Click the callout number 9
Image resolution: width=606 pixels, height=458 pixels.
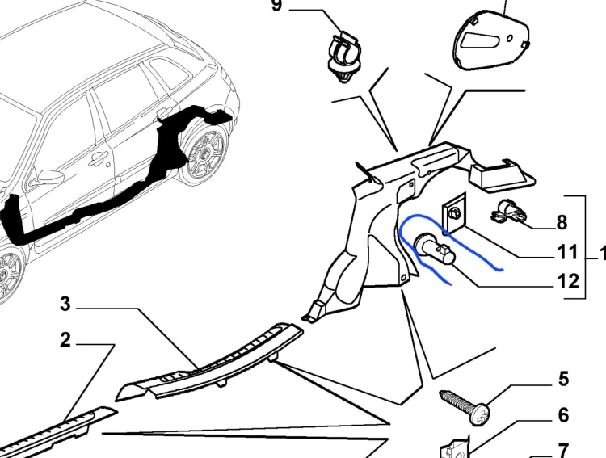click(x=276, y=6)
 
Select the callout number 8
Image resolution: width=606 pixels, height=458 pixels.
click(x=562, y=223)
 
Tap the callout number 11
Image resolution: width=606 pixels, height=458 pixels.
click(x=567, y=252)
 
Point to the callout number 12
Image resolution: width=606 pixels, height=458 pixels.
click(x=568, y=281)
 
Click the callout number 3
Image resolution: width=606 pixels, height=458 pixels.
click(x=65, y=304)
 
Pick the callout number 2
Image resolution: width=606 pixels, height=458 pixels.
click(x=65, y=340)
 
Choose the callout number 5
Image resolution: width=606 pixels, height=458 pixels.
click(x=564, y=379)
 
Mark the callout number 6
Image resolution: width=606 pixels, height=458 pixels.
click(x=564, y=414)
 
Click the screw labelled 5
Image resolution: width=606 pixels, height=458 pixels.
click(x=465, y=407)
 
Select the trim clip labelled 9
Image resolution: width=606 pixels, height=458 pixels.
click(x=343, y=57)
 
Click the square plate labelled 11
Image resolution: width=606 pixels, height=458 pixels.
click(x=454, y=213)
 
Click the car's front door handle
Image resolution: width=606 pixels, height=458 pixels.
click(x=98, y=158)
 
